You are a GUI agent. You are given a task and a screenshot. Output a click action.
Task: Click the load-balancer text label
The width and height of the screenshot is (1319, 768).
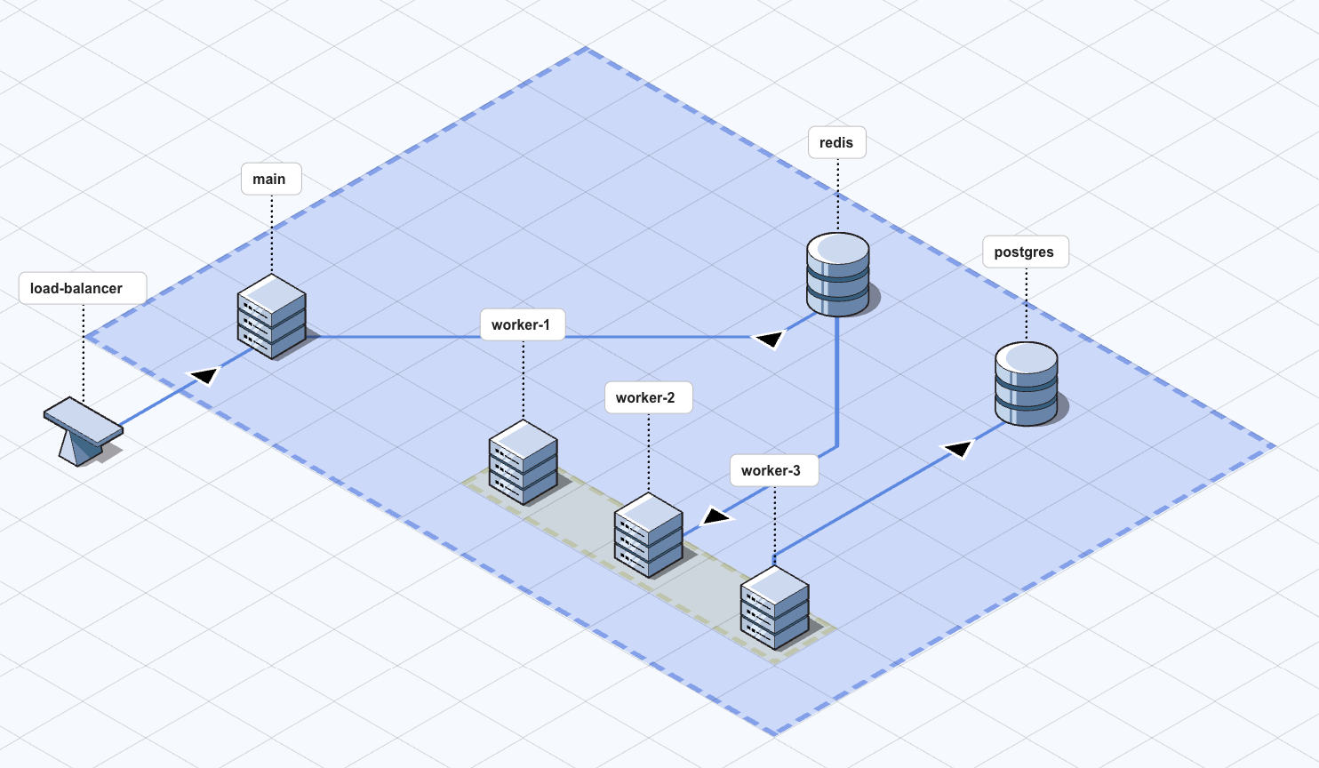(76, 288)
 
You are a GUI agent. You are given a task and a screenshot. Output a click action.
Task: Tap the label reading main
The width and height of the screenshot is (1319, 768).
(269, 179)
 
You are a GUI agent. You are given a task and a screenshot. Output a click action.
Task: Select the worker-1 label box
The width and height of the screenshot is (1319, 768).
(521, 324)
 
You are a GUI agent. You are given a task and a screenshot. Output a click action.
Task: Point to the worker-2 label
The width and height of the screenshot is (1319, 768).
(645, 397)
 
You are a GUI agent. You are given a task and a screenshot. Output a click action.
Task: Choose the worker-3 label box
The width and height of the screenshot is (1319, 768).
(771, 470)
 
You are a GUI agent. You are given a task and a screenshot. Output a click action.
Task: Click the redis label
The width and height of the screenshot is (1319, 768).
(836, 142)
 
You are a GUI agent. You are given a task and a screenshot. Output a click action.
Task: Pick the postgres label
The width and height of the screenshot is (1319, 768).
(1024, 252)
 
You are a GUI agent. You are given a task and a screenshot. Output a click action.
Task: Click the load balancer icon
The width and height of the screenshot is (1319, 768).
(83, 431)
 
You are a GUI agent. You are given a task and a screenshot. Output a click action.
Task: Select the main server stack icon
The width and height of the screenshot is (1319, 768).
(272, 316)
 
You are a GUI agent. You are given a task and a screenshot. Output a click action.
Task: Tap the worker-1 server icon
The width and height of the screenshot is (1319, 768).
(524, 462)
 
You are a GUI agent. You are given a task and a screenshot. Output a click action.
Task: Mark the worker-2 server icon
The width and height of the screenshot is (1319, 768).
(649, 535)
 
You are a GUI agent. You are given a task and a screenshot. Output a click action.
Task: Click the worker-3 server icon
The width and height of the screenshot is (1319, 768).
(775, 608)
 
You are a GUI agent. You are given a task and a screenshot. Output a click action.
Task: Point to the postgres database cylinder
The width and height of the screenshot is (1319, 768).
(1027, 384)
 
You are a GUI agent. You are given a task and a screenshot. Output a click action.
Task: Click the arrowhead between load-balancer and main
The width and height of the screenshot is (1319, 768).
(205, 376)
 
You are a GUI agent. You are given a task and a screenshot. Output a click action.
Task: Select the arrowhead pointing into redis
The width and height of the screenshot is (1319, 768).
(769, 339)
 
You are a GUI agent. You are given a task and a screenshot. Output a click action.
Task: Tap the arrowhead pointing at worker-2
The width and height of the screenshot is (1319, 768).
(717, 516)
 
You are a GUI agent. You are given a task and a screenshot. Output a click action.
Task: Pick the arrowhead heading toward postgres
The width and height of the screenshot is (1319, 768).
(958, 448)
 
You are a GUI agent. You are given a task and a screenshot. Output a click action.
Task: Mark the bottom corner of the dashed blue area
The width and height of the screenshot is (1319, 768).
(775, 733)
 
